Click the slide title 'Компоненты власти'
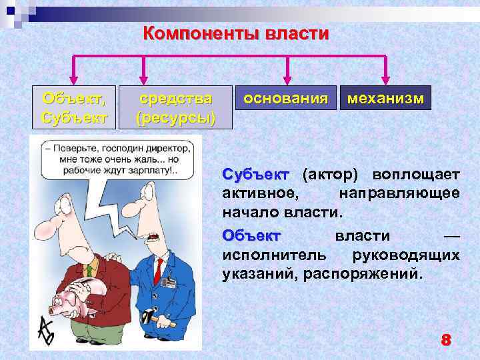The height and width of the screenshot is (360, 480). click(236, 33)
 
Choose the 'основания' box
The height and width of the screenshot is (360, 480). click(285, 98)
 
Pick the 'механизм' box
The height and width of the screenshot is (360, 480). click(385, 98)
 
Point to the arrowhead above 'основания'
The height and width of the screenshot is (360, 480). click(287, 79)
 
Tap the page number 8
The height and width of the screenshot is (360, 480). click(445, 340)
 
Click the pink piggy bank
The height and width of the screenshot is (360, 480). click(73, 301)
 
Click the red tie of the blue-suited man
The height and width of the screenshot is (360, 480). click(159, 269)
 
